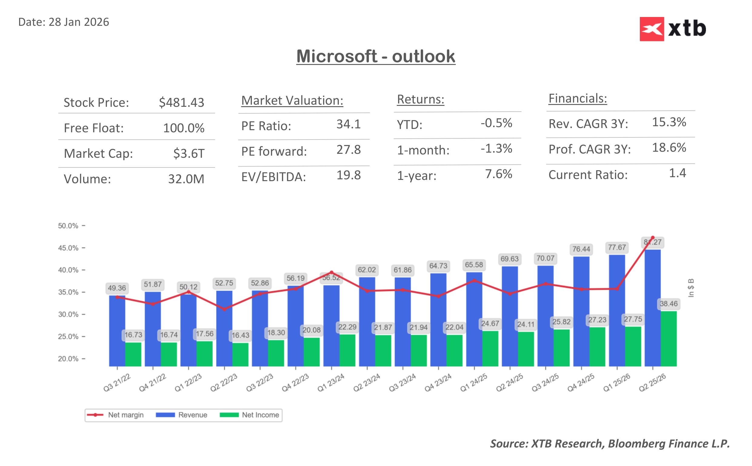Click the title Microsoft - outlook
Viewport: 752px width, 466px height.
(x=376, y=56)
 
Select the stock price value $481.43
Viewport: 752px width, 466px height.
(x=181, y=102)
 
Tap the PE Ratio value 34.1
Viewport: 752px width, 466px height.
(x=348, y=124)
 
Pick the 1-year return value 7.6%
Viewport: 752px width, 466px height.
(x=498, y=174)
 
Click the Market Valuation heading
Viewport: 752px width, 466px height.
(x=292, y=100)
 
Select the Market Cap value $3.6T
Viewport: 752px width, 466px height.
(x=189, y=153)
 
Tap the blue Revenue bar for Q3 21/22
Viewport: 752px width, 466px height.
(x=117, y=331)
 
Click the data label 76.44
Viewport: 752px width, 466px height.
(x=581, y=249)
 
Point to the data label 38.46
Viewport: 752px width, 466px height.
(x=668, y=304)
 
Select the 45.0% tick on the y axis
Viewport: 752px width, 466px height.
(x=68, y=248)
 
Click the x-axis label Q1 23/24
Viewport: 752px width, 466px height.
(x=331, y=383)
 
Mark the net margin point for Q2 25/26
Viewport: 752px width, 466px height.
(x=653, y=238)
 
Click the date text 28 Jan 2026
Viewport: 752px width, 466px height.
(x=79, y=22)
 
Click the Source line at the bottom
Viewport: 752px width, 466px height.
(x=610, y=444)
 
